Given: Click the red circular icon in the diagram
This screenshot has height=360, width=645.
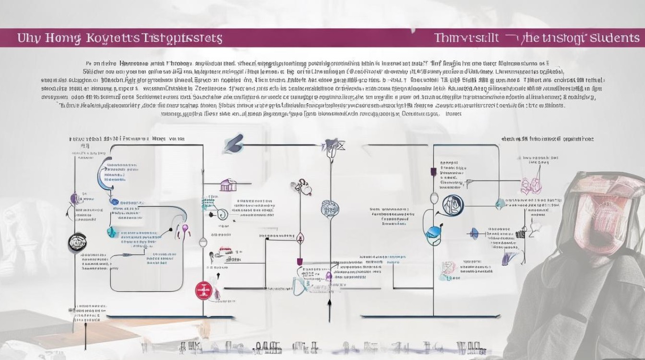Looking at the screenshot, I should (203, 290).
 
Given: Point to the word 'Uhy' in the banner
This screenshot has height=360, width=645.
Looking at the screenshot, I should (28, 38).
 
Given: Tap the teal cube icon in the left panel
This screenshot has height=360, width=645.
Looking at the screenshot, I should (111, 232).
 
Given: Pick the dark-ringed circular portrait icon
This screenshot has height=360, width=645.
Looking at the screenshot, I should (453, 205).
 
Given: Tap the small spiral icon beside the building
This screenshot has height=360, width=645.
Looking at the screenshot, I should (222, 214).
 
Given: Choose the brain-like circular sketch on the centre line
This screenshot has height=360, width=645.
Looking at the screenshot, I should (331, 208).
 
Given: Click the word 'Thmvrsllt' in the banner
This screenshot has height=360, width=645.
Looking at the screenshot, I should (466, 38).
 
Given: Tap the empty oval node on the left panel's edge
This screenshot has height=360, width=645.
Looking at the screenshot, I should (203, 242).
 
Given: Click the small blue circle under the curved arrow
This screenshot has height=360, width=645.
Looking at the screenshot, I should (115, 202).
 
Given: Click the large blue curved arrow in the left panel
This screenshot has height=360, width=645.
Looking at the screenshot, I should (102, 175).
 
